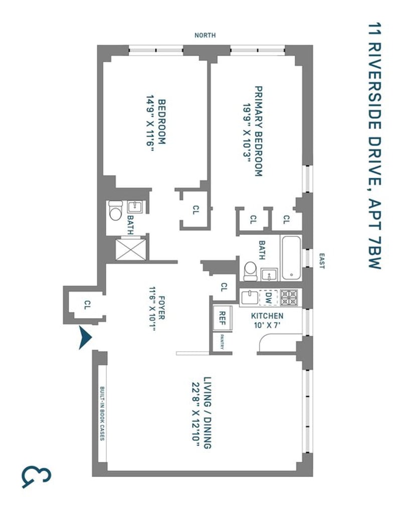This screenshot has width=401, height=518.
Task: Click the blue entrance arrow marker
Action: point(85,337)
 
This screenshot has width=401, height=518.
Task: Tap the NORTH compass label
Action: point(205,36)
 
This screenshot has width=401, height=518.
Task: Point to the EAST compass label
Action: point(322,261)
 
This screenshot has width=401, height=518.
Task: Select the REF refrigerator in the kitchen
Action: point(222,318)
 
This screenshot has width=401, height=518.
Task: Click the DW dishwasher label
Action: point(268,297)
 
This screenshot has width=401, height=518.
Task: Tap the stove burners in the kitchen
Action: point(289,297)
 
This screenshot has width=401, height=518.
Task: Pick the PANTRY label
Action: point(222,343)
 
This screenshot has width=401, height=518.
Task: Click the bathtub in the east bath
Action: point(291,257)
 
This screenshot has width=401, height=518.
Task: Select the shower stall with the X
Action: point(131,250)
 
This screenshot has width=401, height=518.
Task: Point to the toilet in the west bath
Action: point(115,210)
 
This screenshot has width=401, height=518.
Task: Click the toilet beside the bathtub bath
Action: point(250,272)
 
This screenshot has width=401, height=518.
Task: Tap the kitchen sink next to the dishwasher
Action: point(250,297)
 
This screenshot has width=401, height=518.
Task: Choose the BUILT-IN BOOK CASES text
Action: point(102,413)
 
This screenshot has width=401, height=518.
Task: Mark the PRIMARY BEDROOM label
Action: point(259,131)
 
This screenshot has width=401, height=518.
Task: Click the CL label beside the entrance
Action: point(87,305)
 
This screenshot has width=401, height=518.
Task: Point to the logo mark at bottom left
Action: point(37,477)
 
